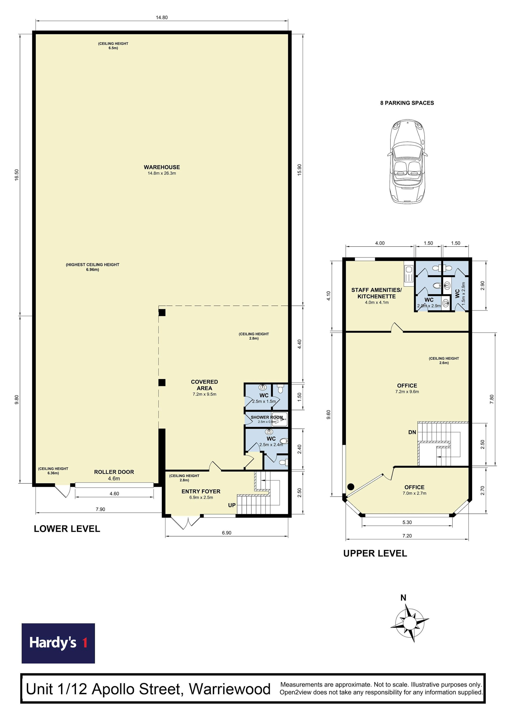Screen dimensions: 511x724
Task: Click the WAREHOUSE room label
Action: tap(162, 167)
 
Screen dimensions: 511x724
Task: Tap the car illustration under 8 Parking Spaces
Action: tap(407, 161)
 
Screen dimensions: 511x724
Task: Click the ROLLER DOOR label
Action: tap(114, 472)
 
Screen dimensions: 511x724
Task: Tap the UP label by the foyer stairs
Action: tap(232, 505)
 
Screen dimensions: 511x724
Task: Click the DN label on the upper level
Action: tap(412, 432)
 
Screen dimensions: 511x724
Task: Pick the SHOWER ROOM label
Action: tap(266, 417)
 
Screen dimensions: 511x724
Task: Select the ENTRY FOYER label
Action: tap(201, 491)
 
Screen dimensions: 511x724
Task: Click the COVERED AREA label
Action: tap(204, 385)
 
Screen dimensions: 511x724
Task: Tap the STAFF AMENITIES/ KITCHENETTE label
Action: tap(377, 293)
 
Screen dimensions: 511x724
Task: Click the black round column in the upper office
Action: tap(351, 487)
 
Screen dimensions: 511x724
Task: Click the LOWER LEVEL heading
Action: tap(67, 529)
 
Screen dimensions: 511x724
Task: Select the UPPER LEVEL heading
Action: tap(375, 553)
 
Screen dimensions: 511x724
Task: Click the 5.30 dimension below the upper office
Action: tap(407, 522)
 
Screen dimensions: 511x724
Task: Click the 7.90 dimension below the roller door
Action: tap(101, 509)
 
